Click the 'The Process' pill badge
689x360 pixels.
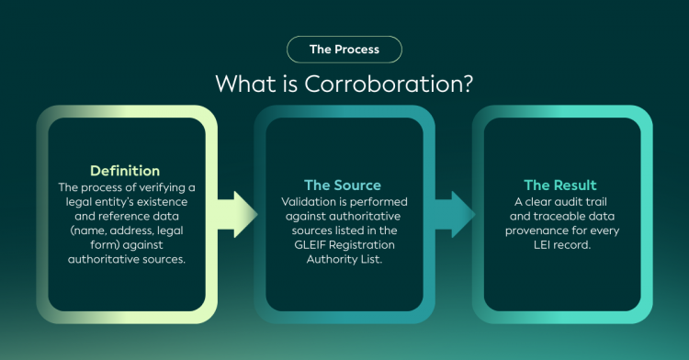pyautogui.click(x=344, y=50)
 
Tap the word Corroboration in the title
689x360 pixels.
pyautogui.click(x=389, y=84)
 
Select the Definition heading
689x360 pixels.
pyautogui.click(x=125, y=171)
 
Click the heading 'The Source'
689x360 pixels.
pyautogui.click(x=343, y=186)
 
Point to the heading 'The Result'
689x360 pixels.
pyautogui.click(x=560, y=186)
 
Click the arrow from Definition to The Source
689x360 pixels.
pyautogui.click(x=236, y=214)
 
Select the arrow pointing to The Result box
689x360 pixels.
pyautogui.click(x=455, y=214)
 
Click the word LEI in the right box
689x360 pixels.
pyautogui.click(x=542, y=244)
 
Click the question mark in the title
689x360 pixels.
pyautogui.click(x=467, y=84)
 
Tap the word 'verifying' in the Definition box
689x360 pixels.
pyautogui.click(x=163, y=188)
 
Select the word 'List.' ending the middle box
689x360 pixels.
pyautogui.click(x=372, y=259)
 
